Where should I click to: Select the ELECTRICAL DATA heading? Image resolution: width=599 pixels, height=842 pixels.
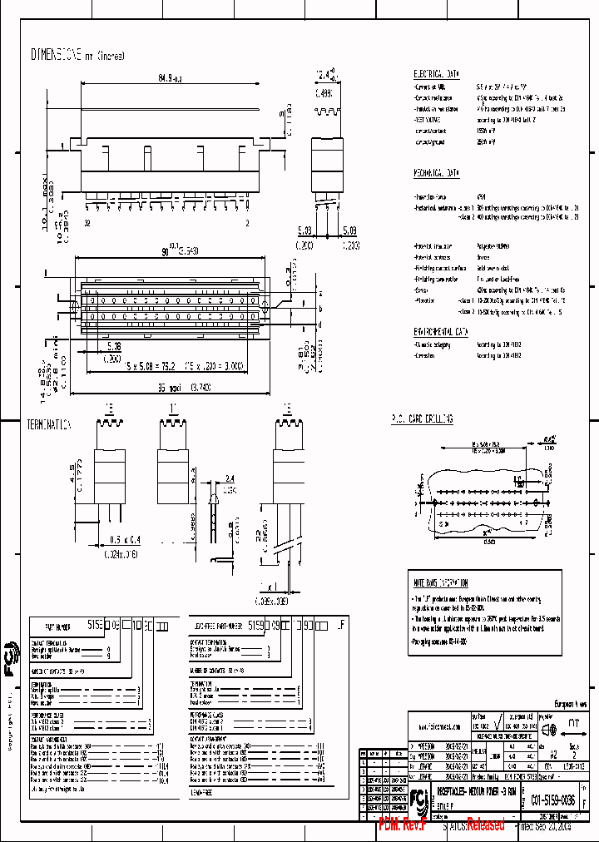point(436,73)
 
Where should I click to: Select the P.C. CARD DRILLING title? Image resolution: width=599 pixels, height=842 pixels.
point(422,419)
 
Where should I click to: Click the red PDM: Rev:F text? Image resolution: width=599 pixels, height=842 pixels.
point(403,825)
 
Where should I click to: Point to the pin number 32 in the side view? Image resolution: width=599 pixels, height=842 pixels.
point(87,224)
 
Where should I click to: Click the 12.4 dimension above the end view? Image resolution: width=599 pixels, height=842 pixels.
point(325,77)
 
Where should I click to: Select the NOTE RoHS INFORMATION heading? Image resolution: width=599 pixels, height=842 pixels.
point(441,583)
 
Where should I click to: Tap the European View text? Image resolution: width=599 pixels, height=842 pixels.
point(570,704)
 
